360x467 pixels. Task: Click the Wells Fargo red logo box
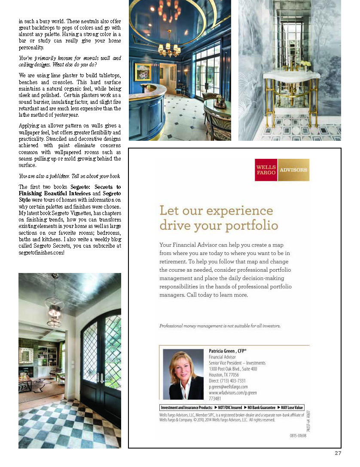(266, 170)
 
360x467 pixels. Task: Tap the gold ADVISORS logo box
(293, 170)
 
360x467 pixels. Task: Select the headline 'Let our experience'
(216, 211)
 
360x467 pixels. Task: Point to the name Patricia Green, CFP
(228, 351)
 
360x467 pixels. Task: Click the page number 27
(338, 453)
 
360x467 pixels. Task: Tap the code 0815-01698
(299, 436)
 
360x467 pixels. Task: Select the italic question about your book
(69, 176)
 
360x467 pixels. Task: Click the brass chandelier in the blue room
(169, 49)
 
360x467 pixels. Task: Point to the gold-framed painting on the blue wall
(143, 72)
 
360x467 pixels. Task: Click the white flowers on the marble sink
(305, 64)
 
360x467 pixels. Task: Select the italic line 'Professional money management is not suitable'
(220, 326)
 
